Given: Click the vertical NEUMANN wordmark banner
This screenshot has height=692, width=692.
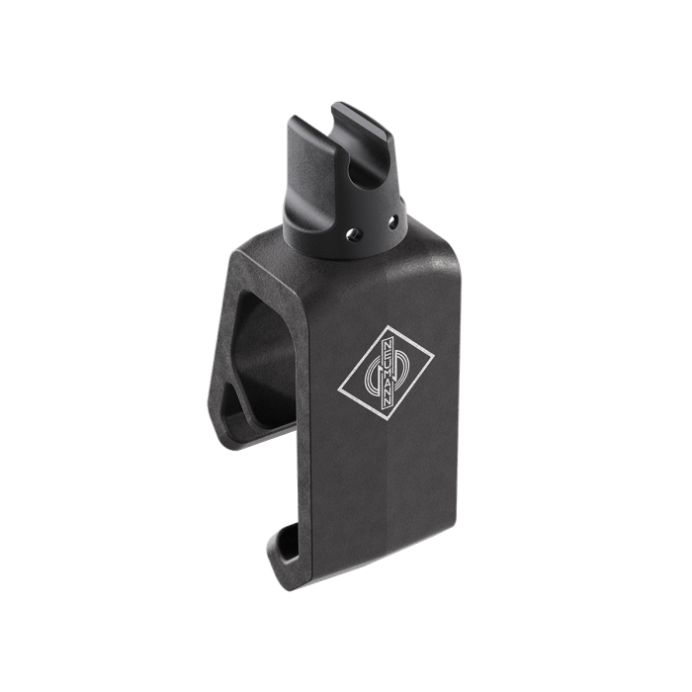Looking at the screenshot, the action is (388, 374).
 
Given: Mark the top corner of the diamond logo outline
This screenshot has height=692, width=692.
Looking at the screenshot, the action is (389, 325).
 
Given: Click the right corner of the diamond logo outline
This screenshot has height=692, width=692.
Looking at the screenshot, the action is (435, 356).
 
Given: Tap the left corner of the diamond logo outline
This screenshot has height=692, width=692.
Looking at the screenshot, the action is (338, 389).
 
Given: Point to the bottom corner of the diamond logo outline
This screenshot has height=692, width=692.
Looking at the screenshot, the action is (386, 421).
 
